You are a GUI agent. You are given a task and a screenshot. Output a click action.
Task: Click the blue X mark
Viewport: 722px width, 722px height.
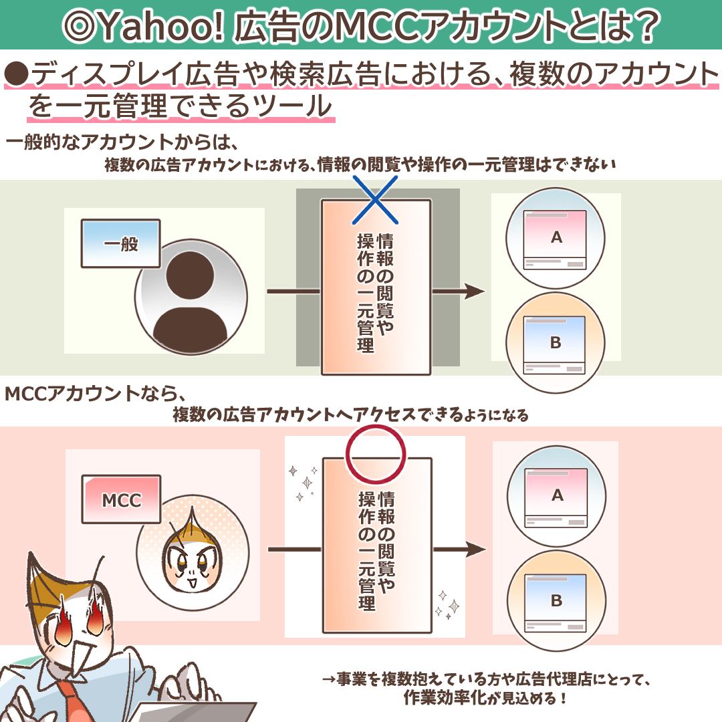[x=375, y=200]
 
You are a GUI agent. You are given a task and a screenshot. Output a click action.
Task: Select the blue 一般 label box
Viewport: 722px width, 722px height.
[x=120, y=243]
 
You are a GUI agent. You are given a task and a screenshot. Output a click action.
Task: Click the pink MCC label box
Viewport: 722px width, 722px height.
[x=121, y=499]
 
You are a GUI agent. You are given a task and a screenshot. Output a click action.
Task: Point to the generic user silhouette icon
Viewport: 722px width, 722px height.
[x=191, y=297]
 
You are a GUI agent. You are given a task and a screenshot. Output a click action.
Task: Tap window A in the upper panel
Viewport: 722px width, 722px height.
[x=555, y=239]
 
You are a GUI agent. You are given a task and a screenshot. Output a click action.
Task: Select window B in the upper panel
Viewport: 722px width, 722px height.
[x=554, y=344]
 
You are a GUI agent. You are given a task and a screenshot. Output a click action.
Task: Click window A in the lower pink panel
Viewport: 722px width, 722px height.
[x=556, y=497]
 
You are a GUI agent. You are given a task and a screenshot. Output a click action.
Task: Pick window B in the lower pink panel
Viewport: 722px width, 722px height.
[x=556, y=602]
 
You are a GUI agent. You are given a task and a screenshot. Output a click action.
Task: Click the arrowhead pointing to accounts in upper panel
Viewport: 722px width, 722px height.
[x=474, y=291]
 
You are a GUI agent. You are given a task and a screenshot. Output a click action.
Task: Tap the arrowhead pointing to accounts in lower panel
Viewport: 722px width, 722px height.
[x=475, y=549]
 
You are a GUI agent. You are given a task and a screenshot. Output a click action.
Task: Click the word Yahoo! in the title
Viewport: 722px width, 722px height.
[x=161, y=26]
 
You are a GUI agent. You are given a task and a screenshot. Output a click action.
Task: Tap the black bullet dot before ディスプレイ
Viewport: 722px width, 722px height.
[x=17, y=74]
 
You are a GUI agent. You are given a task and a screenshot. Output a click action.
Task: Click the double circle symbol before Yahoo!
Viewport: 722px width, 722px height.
[x=78, y=26]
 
